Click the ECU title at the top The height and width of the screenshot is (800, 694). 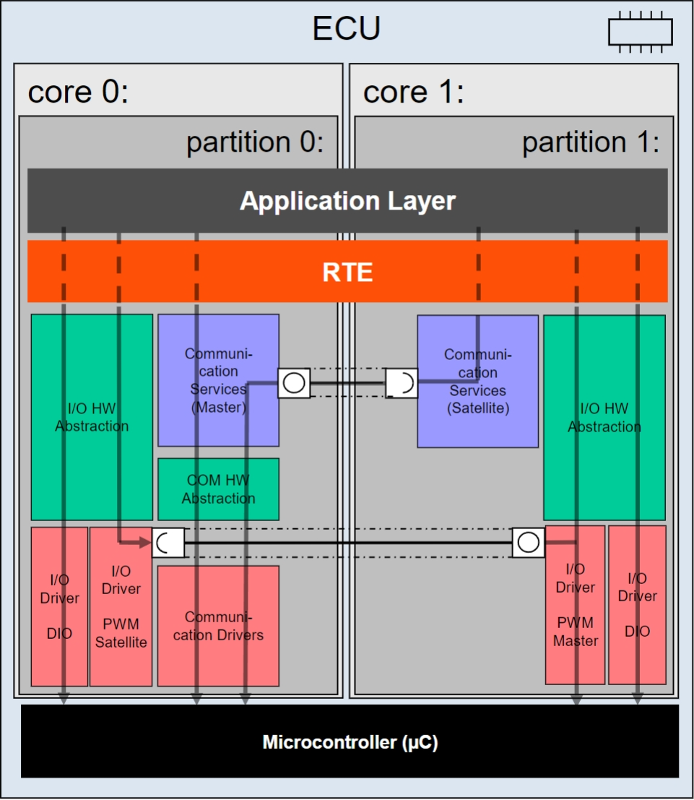pos(346,28)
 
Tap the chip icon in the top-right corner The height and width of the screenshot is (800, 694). pos(641,32)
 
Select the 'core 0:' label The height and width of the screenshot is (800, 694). pos(78,92)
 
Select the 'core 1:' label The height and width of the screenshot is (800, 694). pos(414,92)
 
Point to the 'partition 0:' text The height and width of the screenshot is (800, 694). pos(255,142)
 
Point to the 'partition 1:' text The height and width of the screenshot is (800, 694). pos(591,142)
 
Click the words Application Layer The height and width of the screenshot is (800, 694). pos(348,200)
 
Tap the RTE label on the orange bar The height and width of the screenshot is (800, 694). pos(347,272)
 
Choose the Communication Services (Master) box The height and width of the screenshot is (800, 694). pos(218,380)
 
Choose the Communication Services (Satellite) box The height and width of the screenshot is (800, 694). pos(478,381)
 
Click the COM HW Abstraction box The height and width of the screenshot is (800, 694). pos(218,489)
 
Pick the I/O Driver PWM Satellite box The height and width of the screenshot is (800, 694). pos(121,606)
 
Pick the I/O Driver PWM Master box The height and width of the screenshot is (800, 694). pos(575,605)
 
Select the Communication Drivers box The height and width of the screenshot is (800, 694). pos(218,626)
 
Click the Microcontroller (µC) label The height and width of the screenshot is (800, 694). pos(350,742)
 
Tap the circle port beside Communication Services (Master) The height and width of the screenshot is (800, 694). pos(294,382)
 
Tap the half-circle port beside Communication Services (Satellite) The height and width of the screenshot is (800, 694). pos(402,382)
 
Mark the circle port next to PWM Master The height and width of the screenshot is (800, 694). pos(529,542)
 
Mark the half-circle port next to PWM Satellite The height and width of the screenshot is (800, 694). pos(168,542)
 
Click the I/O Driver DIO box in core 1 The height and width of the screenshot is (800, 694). pos(638,605)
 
